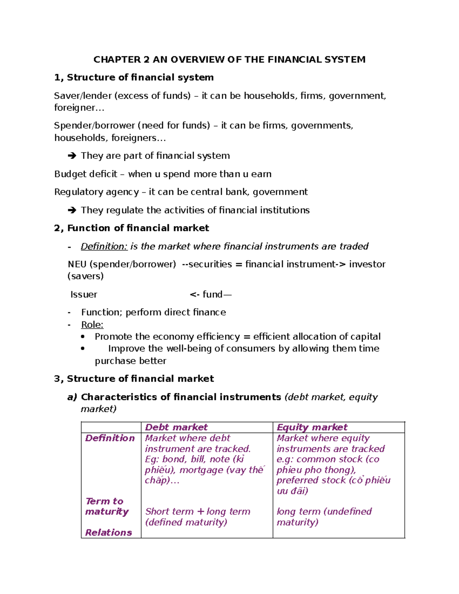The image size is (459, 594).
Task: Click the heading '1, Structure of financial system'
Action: [x=134, y=78]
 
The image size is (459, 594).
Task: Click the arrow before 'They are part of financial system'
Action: [x=72, y=156]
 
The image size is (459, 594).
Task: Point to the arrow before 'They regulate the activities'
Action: [x=72, y=210]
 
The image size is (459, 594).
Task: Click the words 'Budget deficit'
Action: [x=86, y=174]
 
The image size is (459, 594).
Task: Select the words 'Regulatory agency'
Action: [x=96, y=192]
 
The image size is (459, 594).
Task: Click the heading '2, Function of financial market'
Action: [x=132, y=228]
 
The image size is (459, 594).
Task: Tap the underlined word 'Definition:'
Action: [x=104, y=246]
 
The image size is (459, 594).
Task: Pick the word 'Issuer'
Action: [x=83, y=295]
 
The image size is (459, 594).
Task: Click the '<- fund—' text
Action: [x=210, y=295]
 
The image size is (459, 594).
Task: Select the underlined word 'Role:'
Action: [x=92, y=325]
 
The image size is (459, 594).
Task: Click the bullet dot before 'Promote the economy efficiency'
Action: [x=83, y=337]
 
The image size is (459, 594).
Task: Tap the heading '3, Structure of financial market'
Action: [x=134, y=379]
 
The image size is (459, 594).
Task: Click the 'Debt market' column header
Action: [x=176, y=427]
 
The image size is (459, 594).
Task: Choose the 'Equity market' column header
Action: [x=312, y=427]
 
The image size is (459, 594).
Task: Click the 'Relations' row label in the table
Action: [x=109, y=532]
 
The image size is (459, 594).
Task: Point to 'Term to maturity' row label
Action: [x=107, y=506]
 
